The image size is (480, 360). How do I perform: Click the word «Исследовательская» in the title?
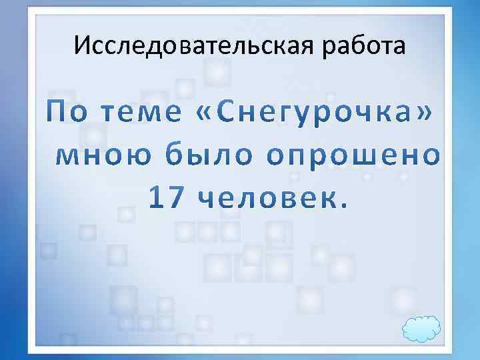(193, 46)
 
